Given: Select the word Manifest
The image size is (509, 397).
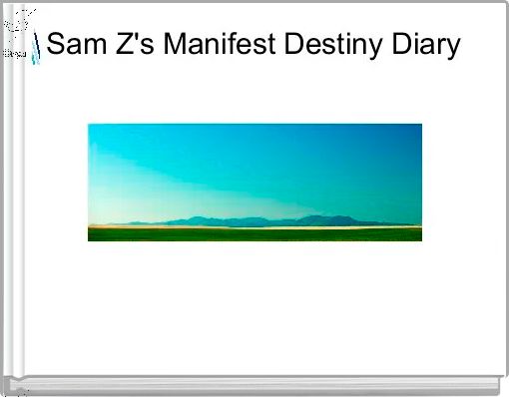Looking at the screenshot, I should (x=211, y=46).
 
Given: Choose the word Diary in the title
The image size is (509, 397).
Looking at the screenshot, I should (x=427, y=46).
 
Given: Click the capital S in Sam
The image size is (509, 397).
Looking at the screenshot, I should (x=56, y=46).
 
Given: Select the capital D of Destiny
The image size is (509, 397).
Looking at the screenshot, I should (x=300, y=46).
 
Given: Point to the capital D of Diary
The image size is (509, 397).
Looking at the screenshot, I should (x=403, y=46).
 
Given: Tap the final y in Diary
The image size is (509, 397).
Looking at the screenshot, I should (x=453, y=49).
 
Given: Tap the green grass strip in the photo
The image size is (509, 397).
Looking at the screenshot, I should (x=254, y=234).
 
